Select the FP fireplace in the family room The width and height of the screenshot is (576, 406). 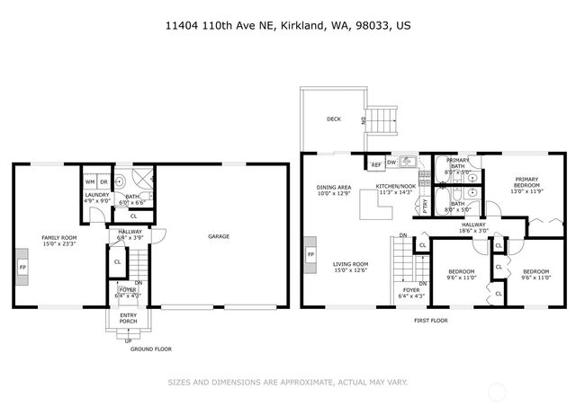[22, 268]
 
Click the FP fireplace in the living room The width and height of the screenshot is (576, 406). [311, 256]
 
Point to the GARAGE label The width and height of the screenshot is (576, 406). [218, 237]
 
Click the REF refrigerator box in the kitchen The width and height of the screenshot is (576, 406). [375, 163]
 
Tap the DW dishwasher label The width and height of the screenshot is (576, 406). [391, 163]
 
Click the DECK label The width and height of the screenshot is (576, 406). [334, 119]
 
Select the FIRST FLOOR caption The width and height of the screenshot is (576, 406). [429, 320]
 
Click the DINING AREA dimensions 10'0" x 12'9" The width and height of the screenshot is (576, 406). [332, 193]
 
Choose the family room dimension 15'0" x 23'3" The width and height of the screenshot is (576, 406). [59, 243]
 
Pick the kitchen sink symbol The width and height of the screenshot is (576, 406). [406, 163]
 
